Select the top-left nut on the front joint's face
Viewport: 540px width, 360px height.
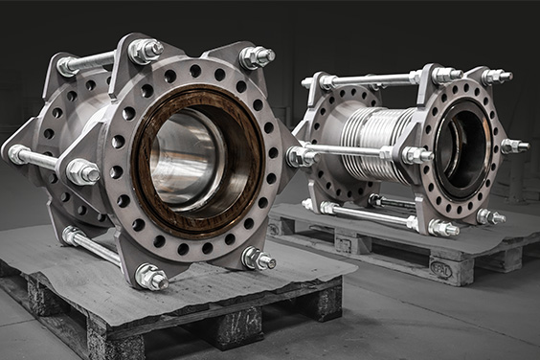click(x=145, y=50)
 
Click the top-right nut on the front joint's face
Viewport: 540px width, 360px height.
click(x=257, y=57)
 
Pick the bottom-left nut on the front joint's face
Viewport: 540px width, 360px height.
click(x=151, y=278)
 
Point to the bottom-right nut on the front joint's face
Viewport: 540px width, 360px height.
click(x=258, y=259)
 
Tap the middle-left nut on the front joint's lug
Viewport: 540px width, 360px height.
click(x=82, y=171)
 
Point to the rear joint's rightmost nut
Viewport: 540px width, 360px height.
click(x=513, y=146)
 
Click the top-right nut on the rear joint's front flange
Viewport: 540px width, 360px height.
click(x=495, y=76)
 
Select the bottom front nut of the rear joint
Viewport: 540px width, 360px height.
click(x=441, y=228)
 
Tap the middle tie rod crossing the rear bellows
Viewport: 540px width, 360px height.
click(x=345, y=150)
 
